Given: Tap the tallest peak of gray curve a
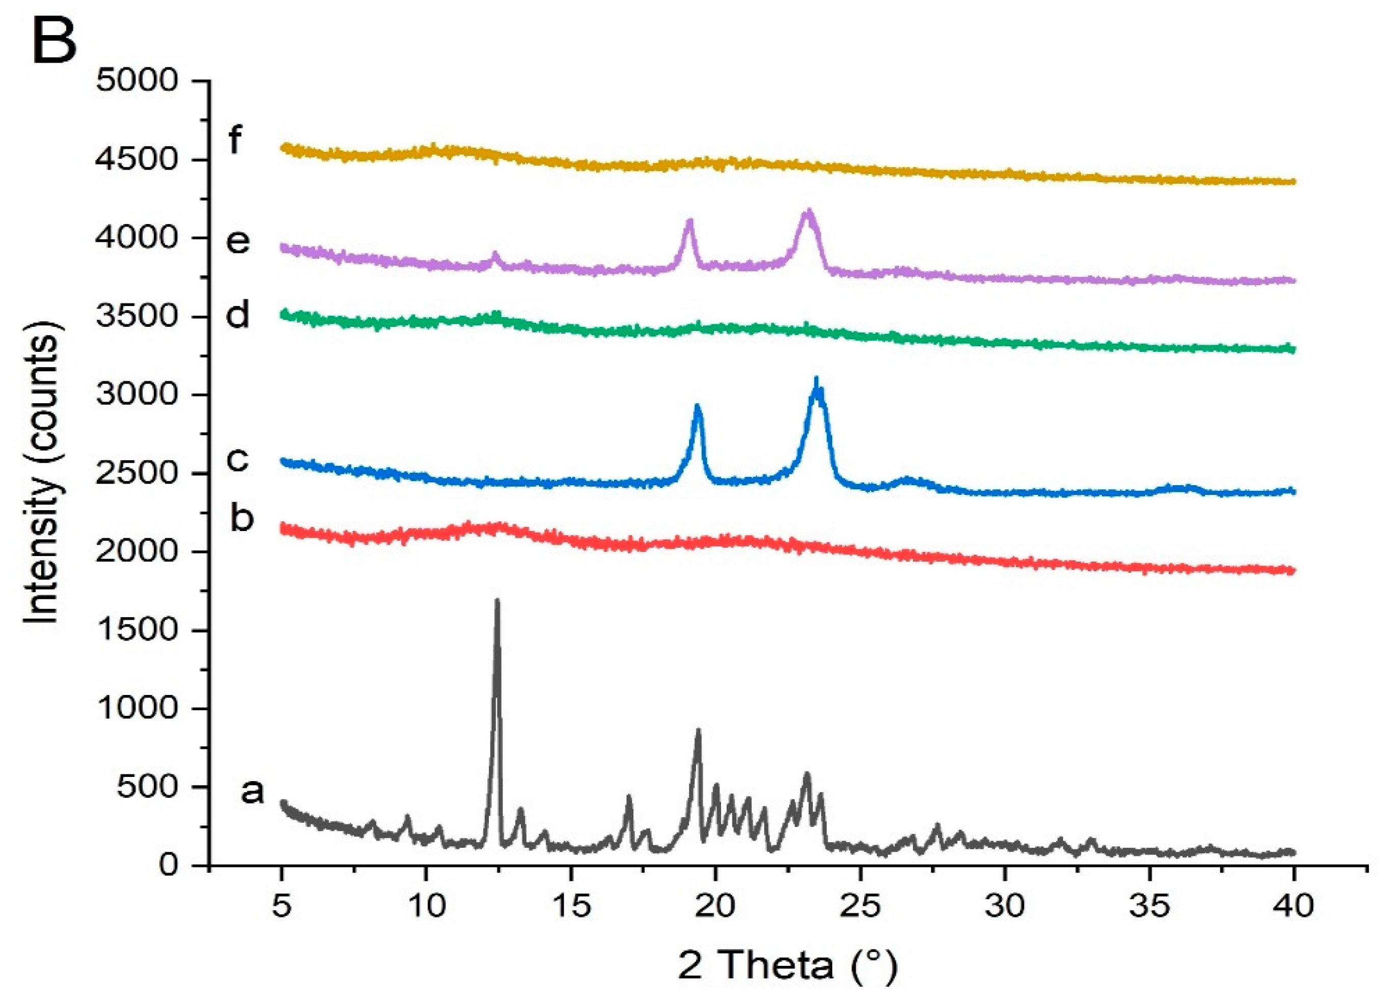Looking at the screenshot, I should click(497, 601).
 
